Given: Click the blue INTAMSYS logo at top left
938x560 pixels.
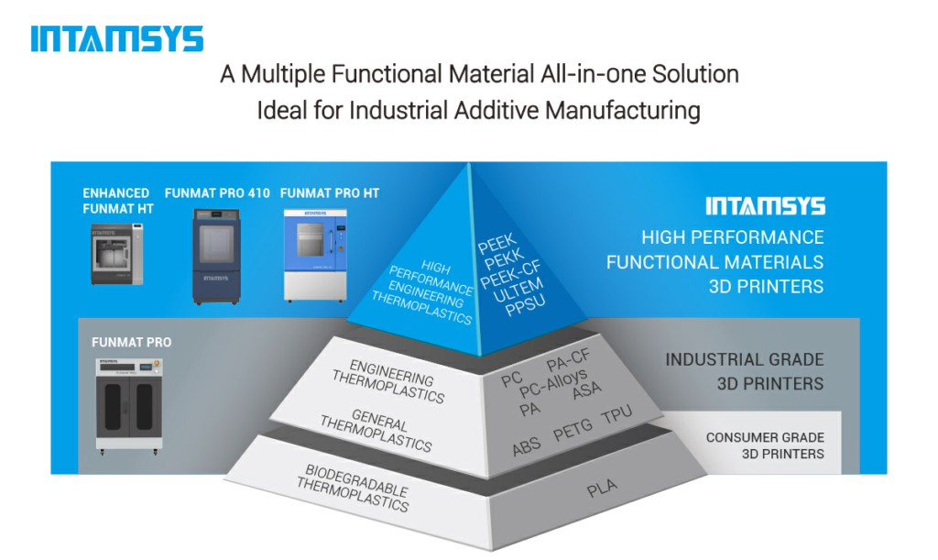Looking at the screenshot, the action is (x=117, y=38).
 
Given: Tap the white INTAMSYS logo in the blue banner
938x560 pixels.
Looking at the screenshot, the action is (x=765, y=206).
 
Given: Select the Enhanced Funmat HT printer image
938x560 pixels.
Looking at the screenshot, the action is (x=117, y=254).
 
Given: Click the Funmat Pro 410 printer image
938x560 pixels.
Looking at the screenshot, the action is (x=216, y=256).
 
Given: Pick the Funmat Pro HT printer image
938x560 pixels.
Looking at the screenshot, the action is (x=315, y=255).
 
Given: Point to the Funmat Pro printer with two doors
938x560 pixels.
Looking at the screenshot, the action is (x=129, y=406).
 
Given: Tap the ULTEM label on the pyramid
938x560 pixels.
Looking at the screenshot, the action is (x=518, y=290).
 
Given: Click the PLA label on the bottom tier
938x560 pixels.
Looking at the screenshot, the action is (x=602, y=489).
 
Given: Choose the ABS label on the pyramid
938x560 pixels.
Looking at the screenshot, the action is (x=527, y=446).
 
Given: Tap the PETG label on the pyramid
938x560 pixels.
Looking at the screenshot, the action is (x=573, y=430).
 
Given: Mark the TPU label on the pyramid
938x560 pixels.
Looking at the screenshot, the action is (x=616, y=414).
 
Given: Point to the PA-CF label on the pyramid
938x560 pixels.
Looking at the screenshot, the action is (x=568, y=360).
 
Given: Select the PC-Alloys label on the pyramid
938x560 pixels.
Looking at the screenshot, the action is (x=552, y=384).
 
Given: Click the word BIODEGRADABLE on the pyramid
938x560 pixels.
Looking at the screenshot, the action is (x=356, y=480).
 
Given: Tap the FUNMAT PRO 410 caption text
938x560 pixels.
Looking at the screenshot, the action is (x=217, y=193).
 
